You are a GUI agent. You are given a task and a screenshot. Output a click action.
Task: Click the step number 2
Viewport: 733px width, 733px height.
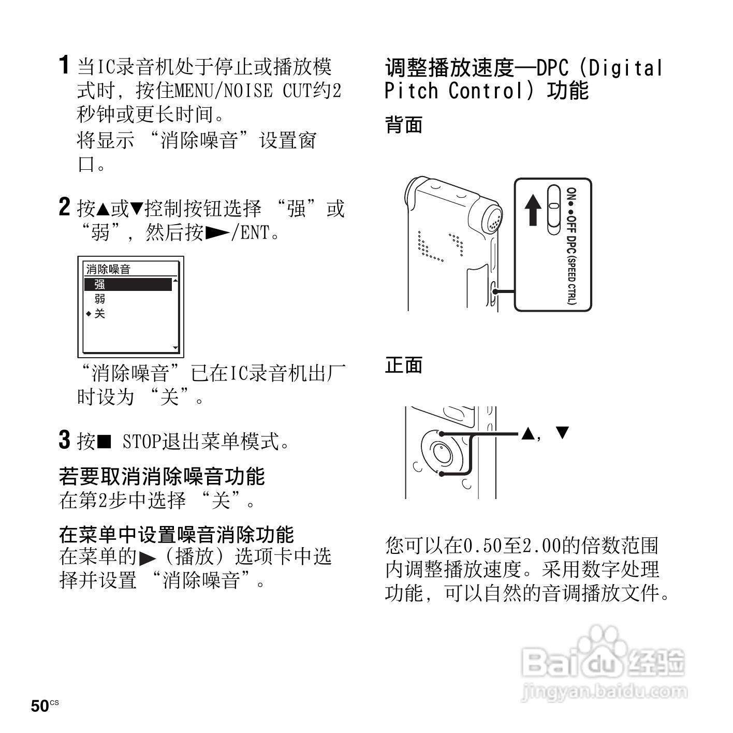pyautogui.click(x=64, y=207)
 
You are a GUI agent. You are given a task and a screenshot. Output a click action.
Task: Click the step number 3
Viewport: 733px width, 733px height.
pyautogui.click(x=64, y=440)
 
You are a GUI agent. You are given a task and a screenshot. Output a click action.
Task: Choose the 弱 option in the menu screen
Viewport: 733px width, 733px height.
pyautogui.click(x=100, y=299)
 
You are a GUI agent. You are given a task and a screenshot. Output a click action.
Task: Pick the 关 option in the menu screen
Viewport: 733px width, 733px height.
pyautogui.click(x=100, y=314)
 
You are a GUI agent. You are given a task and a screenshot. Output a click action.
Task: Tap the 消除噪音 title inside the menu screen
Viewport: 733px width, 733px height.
pyautogui.click(x=108, y=269)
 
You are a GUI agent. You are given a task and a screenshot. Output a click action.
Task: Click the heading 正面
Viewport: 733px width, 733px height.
pyautogui.click(x=403, y=365)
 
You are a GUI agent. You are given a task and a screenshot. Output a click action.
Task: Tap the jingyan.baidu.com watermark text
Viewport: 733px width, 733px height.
pyautogui.click(x=604, y=692)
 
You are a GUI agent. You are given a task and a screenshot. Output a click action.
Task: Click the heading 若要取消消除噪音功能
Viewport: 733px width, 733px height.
pyautogui.click(x=162, y=476)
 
